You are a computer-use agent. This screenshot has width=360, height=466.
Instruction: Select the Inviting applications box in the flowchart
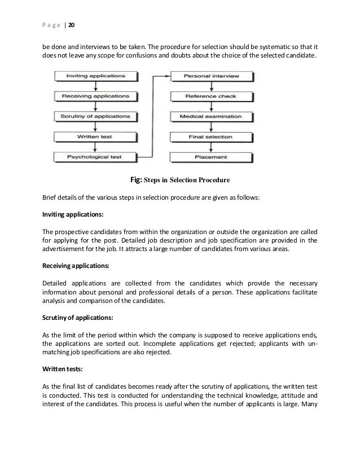tap(96, 76)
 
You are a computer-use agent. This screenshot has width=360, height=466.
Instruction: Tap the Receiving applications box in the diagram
tap(96, 96)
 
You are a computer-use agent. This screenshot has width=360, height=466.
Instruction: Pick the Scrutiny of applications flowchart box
tap(96, 116)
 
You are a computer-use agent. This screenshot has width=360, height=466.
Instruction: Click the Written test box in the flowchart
tap(96, 137)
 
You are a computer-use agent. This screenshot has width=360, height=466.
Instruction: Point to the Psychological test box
tap(96, 157)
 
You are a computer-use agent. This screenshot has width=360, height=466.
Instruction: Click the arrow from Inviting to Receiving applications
tap(96, 86)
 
